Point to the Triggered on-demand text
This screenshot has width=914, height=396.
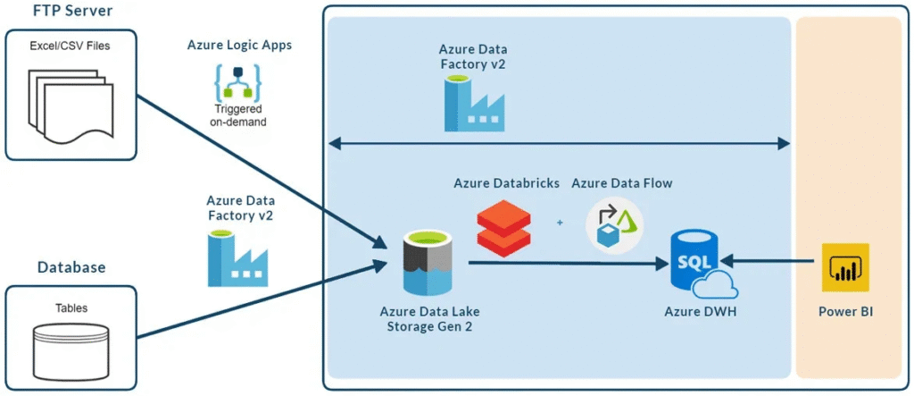[x=239, y=114]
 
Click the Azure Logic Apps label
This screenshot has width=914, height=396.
[x=239, y=45]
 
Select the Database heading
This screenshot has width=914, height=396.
[x=71, y=267]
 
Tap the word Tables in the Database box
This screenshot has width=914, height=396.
[x=71, y=308]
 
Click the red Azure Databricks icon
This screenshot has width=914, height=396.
[x=503, y=229]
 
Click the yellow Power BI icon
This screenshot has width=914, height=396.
[x=844, y=265]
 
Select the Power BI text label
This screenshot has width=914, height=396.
[x=844, y=313]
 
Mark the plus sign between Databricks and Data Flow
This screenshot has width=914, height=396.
[x=560, y=223]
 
